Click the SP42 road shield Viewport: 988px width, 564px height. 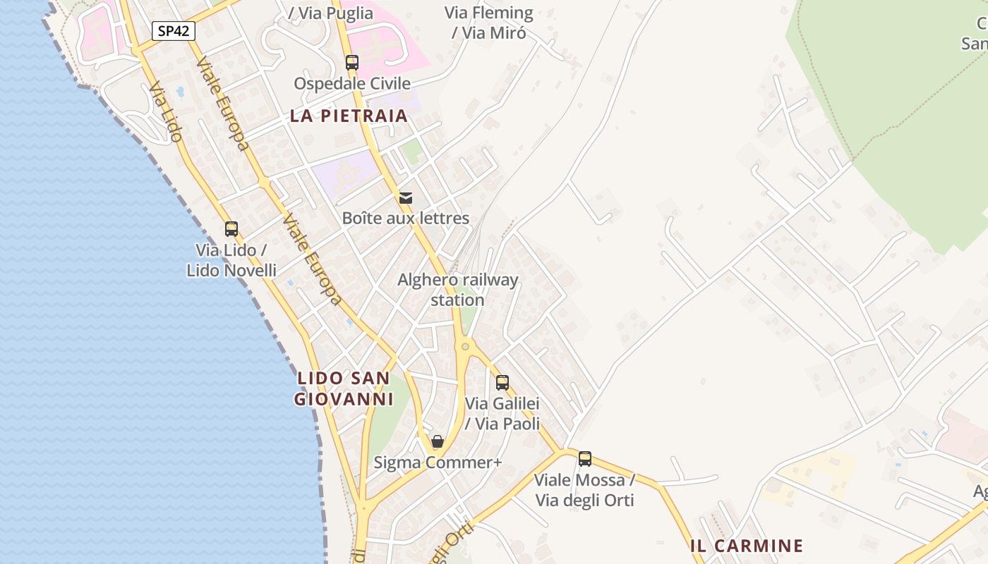174,31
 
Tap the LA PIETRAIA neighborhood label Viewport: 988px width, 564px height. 349,116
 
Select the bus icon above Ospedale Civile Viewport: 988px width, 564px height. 352,62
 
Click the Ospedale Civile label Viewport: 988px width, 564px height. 352,84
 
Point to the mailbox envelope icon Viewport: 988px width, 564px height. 406,197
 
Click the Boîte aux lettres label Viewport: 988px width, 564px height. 406,219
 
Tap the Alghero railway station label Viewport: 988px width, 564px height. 458,290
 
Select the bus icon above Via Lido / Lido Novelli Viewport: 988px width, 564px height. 231,228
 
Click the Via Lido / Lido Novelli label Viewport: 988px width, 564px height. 231,260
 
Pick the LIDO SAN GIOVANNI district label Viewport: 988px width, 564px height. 344,388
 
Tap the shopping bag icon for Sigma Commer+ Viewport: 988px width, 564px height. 438,442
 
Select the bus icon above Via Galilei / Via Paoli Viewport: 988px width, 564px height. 502,383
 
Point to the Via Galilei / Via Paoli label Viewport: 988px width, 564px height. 502,414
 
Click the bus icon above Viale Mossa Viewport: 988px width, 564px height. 585,459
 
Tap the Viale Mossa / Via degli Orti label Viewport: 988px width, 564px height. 584,491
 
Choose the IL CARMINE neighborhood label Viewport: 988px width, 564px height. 747,546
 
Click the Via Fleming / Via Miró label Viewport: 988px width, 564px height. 489,23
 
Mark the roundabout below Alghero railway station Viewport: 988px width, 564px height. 464,345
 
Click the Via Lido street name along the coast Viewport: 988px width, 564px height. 167,113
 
